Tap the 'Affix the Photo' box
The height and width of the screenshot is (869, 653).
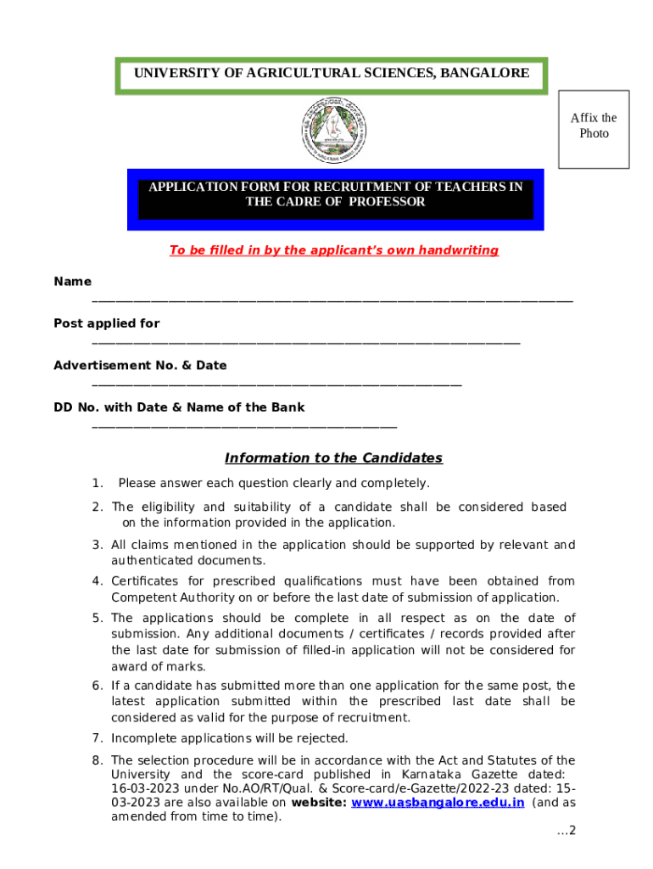(x=594, y=129)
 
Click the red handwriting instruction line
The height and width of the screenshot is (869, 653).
(x=333, y=250)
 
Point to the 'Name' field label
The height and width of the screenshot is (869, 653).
(x=72, y=282)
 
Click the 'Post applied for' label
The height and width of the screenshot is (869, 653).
(x=106, y=323)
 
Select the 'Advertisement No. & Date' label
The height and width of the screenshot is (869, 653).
(x=140, y=366)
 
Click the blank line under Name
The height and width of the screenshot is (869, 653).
(x=332, y=300)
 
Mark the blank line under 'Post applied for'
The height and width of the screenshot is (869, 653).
(x=305, y=342)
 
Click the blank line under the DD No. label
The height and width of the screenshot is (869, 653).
(x=243, y=426)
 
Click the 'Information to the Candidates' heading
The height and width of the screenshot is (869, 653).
(x=333, y=458)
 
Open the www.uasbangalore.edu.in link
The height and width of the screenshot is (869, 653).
(x=438, y=803)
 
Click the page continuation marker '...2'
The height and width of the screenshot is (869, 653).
(x=566, y=830)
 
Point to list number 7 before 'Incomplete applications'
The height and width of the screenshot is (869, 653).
(x=98, y=738)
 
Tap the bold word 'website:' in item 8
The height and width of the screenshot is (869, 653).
(x=318, y=803)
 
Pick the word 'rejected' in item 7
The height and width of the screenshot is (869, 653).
(x=324, y=738)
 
